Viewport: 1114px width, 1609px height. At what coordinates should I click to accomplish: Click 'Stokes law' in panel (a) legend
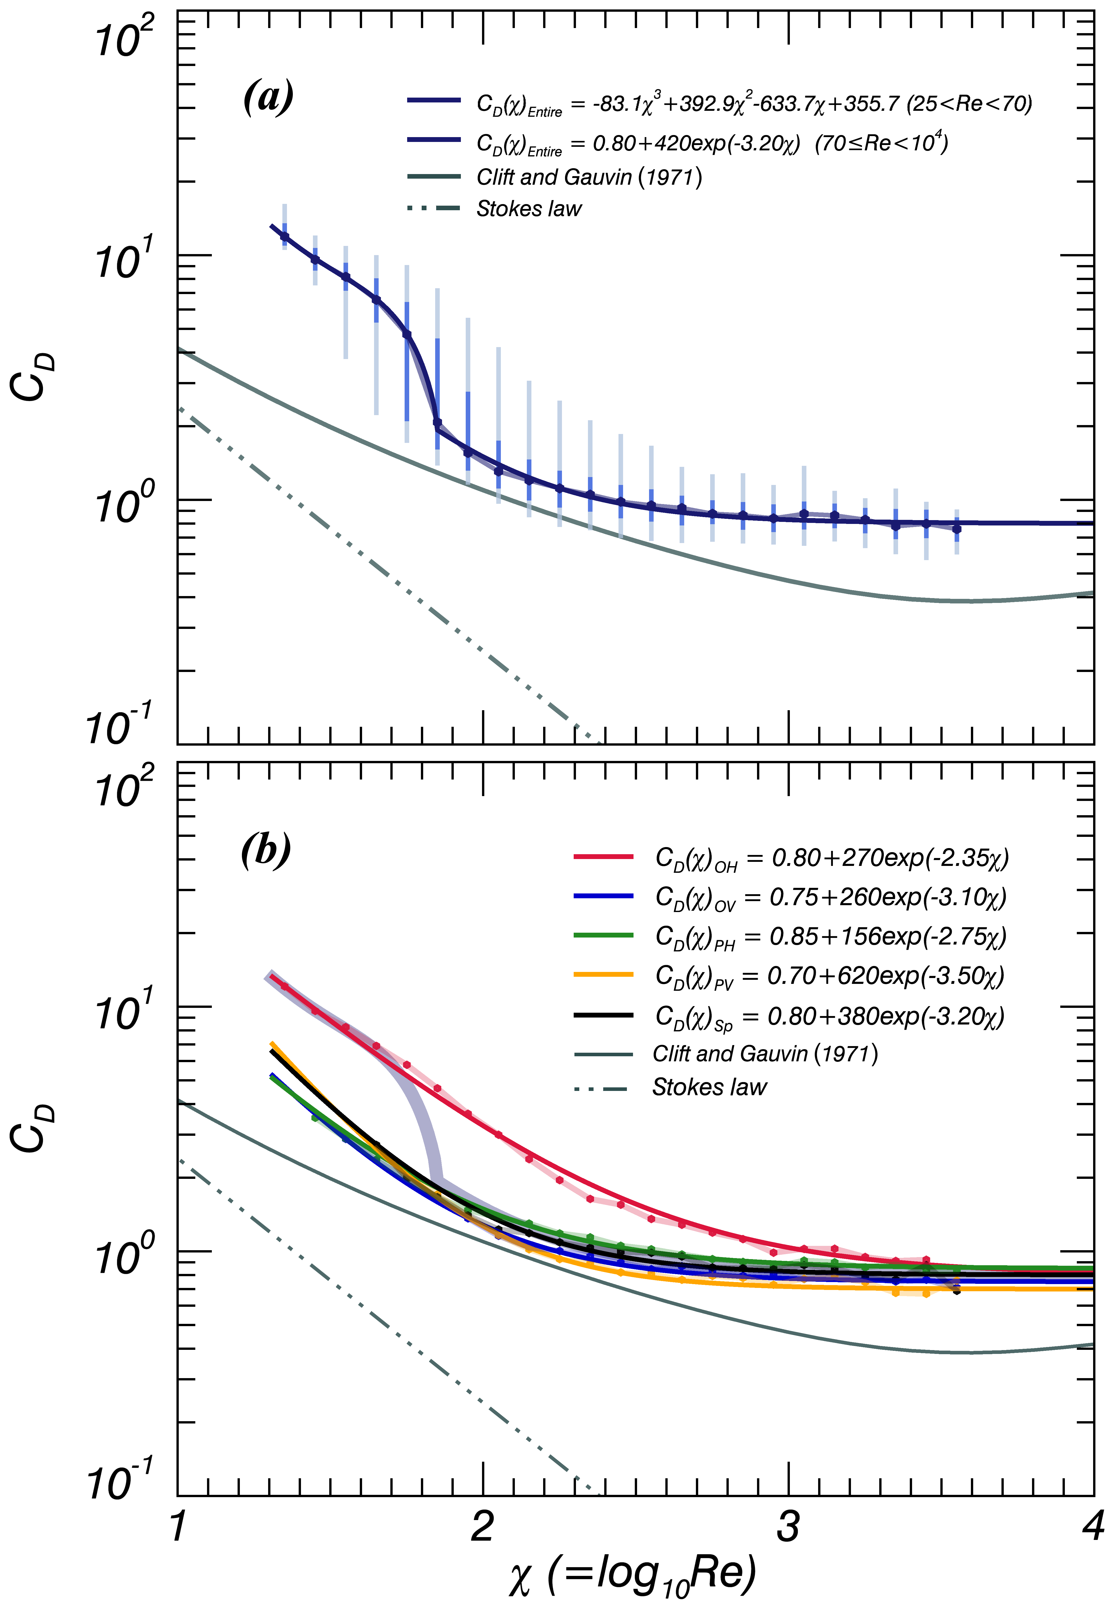[528, 209]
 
